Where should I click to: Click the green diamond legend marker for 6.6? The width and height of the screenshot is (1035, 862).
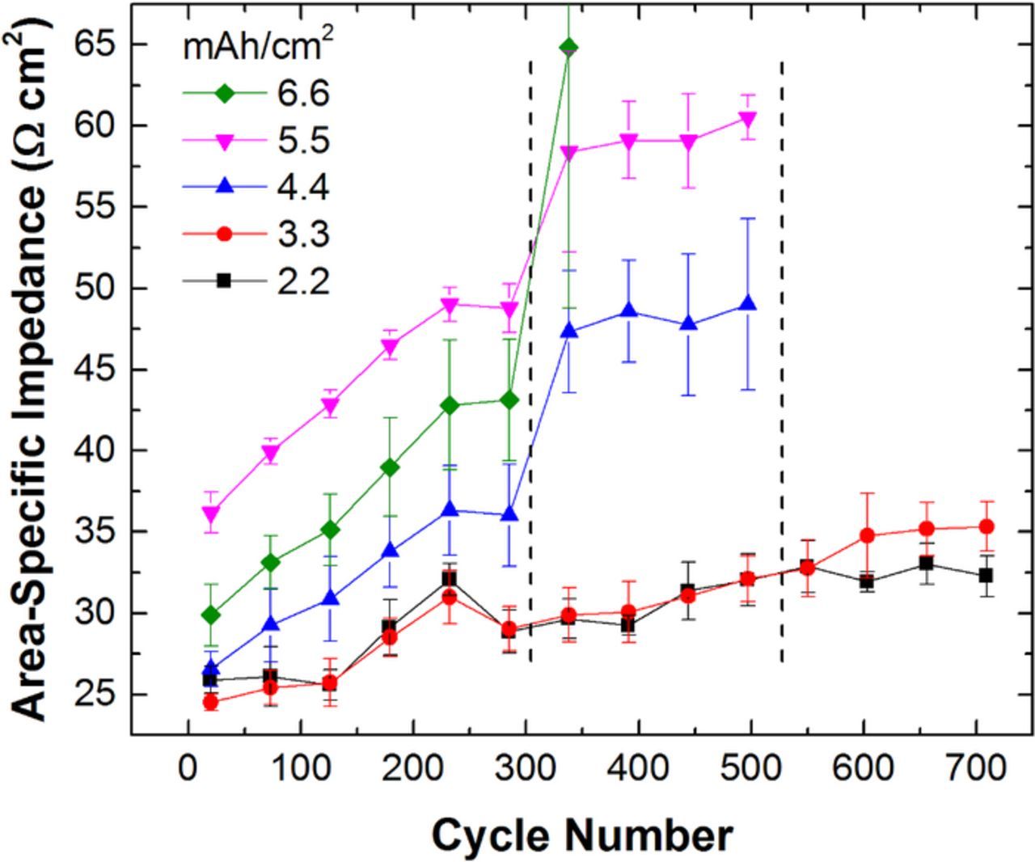[x=225, y=93]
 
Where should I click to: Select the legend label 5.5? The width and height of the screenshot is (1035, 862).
[x=303, y=142]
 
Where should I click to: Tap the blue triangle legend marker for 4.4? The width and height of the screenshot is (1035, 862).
[x=225, y=187]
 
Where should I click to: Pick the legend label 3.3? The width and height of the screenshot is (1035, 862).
[x=303, y=235]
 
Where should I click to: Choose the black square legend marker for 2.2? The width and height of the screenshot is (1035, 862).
[x=225, y=281]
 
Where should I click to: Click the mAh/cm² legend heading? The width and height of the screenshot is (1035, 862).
[x=258, y=46]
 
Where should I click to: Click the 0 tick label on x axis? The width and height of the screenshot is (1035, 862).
[x=188, y=767]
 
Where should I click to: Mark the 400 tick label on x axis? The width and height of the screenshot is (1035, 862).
[x=639, y=767]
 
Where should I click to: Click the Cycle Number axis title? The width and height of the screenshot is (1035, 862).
[x=582, y=835]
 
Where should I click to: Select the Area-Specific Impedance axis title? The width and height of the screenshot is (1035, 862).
[x=32, y=364]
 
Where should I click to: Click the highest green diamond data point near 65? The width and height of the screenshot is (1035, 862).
[x=569, y=47]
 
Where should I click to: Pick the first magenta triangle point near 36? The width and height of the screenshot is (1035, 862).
[x=210, y=514]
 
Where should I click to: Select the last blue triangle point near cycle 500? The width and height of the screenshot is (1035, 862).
[x=748, y=304]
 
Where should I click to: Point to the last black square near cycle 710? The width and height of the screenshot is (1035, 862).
[x=986, y=575]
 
